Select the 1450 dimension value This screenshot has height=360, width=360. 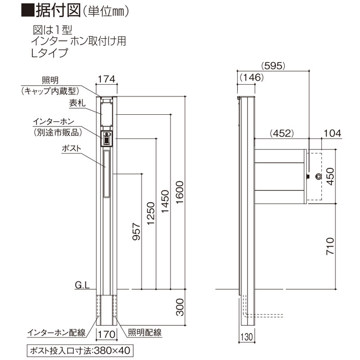165,202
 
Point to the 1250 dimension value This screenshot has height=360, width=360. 151,213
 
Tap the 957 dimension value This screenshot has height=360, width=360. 136,232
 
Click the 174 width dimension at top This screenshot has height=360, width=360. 107,79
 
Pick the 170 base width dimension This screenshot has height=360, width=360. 107,334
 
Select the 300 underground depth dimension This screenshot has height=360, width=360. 180,307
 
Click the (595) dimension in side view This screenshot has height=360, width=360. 273,66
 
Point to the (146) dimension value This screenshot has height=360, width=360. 252,77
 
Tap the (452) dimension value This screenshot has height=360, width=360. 282,133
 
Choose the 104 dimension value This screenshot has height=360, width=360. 333,133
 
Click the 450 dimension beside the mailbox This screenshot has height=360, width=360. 330,176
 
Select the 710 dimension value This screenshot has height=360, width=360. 330,246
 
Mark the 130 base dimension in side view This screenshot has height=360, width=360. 247,337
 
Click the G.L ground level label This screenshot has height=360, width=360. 82,285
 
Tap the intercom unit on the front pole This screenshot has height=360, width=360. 107,139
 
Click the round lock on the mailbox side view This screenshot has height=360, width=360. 319,176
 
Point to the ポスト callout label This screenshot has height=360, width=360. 72,148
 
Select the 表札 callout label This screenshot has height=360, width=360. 77,103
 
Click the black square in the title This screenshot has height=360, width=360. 27,10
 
